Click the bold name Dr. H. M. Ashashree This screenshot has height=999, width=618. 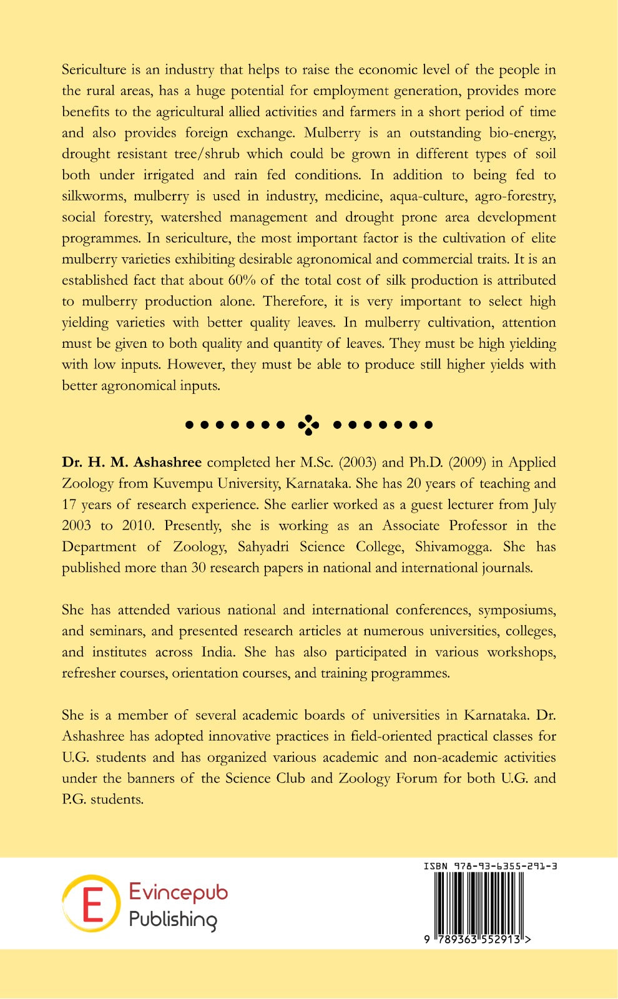coord(132,463)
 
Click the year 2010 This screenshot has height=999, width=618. coord(137,526)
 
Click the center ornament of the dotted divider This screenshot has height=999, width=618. coord(308,425)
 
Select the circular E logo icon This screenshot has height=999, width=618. coord(91,903)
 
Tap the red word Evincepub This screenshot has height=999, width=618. coord(179,892)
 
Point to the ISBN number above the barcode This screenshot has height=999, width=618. coord(490,866)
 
